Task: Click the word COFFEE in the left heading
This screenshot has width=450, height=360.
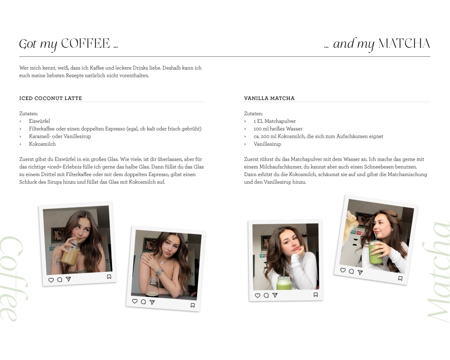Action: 85,44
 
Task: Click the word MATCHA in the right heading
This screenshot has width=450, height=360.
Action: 404,44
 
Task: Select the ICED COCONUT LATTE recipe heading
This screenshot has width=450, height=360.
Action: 50,98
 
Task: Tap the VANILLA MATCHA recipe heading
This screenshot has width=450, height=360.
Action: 269,98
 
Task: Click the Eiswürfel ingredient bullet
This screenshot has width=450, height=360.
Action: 39,121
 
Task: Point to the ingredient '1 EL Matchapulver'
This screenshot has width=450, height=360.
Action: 274,121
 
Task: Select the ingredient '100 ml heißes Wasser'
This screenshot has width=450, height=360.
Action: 278,129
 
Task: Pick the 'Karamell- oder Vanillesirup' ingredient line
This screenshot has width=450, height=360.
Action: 60,136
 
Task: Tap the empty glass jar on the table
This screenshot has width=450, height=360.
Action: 153,287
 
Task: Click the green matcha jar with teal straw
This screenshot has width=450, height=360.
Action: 284,282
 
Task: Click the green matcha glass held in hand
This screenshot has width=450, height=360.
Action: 376,252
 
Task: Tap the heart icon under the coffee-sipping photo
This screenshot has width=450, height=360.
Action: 51,280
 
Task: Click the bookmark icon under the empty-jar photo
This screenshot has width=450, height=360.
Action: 193,306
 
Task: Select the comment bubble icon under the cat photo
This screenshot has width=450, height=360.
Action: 351,271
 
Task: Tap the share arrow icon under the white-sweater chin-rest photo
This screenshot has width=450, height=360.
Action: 275,295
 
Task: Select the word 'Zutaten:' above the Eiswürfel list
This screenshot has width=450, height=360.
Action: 28,114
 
